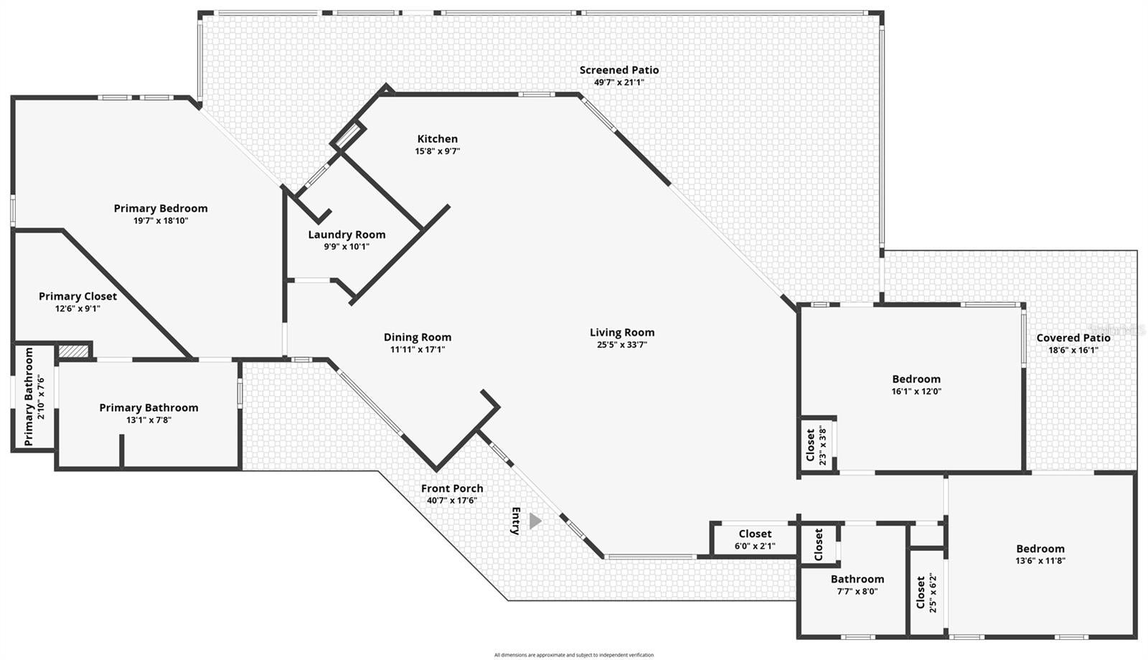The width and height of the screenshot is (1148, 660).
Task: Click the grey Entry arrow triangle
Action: [x=535, y=521]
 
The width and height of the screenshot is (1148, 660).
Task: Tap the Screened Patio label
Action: [x=618, y=70]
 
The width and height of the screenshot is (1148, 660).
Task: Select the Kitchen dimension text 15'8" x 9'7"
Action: [x=437, y=151]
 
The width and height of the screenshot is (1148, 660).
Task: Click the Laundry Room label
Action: [x=347, y=235]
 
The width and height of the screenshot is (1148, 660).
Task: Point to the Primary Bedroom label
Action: [x=161, y=208]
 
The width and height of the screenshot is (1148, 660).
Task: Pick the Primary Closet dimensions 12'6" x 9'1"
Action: [x=77, y=308]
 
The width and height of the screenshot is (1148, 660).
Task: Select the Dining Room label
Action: [x=417, y=337]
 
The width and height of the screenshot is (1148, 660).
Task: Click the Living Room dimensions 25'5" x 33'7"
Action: [x=621, y=344]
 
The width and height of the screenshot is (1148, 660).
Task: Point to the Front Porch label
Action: [x=452, y=489]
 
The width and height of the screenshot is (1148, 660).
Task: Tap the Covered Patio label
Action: [x=1073, y=338]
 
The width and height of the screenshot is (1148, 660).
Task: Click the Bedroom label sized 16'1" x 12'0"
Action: [x=916, y=379]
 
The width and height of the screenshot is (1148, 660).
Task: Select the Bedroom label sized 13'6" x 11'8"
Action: [x=1040, y=549]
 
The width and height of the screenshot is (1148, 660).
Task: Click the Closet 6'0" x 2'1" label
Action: [x=755, y=534]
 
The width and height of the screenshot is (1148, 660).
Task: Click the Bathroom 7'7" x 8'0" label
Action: [x=857, y=579]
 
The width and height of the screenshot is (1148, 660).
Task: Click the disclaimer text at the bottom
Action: [x=573, y=655]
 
